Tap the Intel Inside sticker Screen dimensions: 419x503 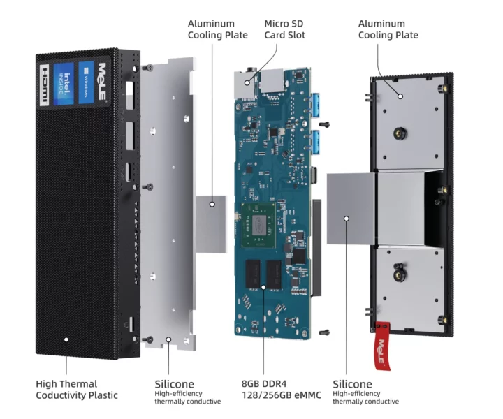65,79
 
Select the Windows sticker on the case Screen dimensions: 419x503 86,76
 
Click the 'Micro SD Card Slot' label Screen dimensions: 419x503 284,29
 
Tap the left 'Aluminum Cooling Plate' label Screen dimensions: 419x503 217,29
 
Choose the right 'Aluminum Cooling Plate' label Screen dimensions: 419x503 388,29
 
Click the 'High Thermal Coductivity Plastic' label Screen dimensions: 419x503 77,390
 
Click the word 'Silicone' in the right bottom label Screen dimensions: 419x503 352,384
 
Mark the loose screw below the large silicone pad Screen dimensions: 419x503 323,331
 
